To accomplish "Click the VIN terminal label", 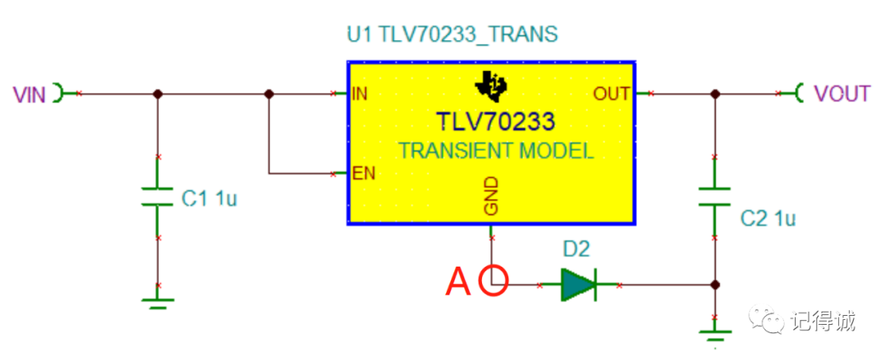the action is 29,93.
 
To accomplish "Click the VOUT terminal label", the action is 842,93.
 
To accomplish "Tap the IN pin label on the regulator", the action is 359,93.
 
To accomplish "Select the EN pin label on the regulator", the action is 363,173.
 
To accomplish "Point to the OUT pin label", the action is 611,93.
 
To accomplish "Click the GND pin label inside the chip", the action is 491,196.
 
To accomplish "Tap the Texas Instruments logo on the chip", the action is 491,86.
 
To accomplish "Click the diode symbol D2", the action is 579,285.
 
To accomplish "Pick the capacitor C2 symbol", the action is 715,196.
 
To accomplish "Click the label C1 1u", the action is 210,198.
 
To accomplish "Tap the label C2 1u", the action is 768,218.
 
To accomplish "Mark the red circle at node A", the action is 494,280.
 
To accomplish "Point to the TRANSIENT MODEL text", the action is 495,151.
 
